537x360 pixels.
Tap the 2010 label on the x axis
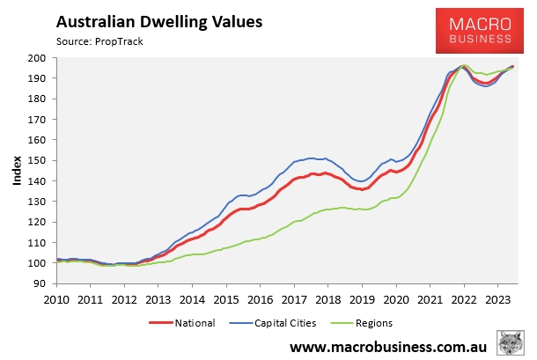[55, 298]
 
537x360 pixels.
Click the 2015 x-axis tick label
[225, 298]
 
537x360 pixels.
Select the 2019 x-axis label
[362, 298]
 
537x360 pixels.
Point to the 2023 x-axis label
[498, 298]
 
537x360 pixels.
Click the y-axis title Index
[17, 171]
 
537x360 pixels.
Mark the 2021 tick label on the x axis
[430, 298]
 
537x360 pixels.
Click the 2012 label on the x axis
[123, 298]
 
